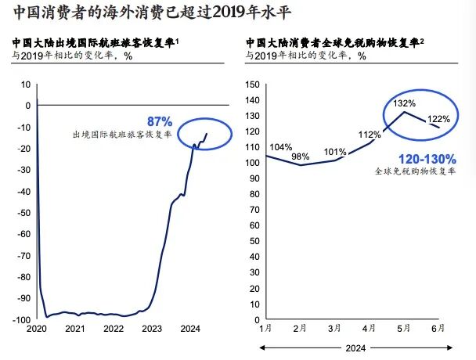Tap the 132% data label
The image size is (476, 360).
pyautogui.click(x=405, y=104)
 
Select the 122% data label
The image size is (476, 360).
pyautogui.click(x=439, y=120)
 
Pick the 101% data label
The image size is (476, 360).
pyautogui.click(x=334, y=152)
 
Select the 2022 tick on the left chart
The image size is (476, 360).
pyautogui.click(x=114, y=329)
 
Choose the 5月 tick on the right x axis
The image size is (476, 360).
pyautogui.click(x=404, y=329)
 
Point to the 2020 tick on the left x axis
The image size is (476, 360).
pyautogui.click(x=36, y=329)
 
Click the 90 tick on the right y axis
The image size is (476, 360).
pyautogui.click(x=254, y=178)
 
